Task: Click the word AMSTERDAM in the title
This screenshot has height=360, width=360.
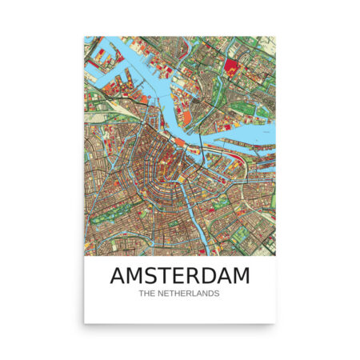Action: point(179,276)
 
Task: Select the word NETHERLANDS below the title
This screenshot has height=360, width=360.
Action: point(190,294)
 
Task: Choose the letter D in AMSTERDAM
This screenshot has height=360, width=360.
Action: point(207,276)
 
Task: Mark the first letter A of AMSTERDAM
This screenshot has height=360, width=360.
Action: point(117,276)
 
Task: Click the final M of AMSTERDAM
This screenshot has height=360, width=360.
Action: point(241,276)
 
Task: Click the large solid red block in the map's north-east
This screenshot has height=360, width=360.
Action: point(231,66)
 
